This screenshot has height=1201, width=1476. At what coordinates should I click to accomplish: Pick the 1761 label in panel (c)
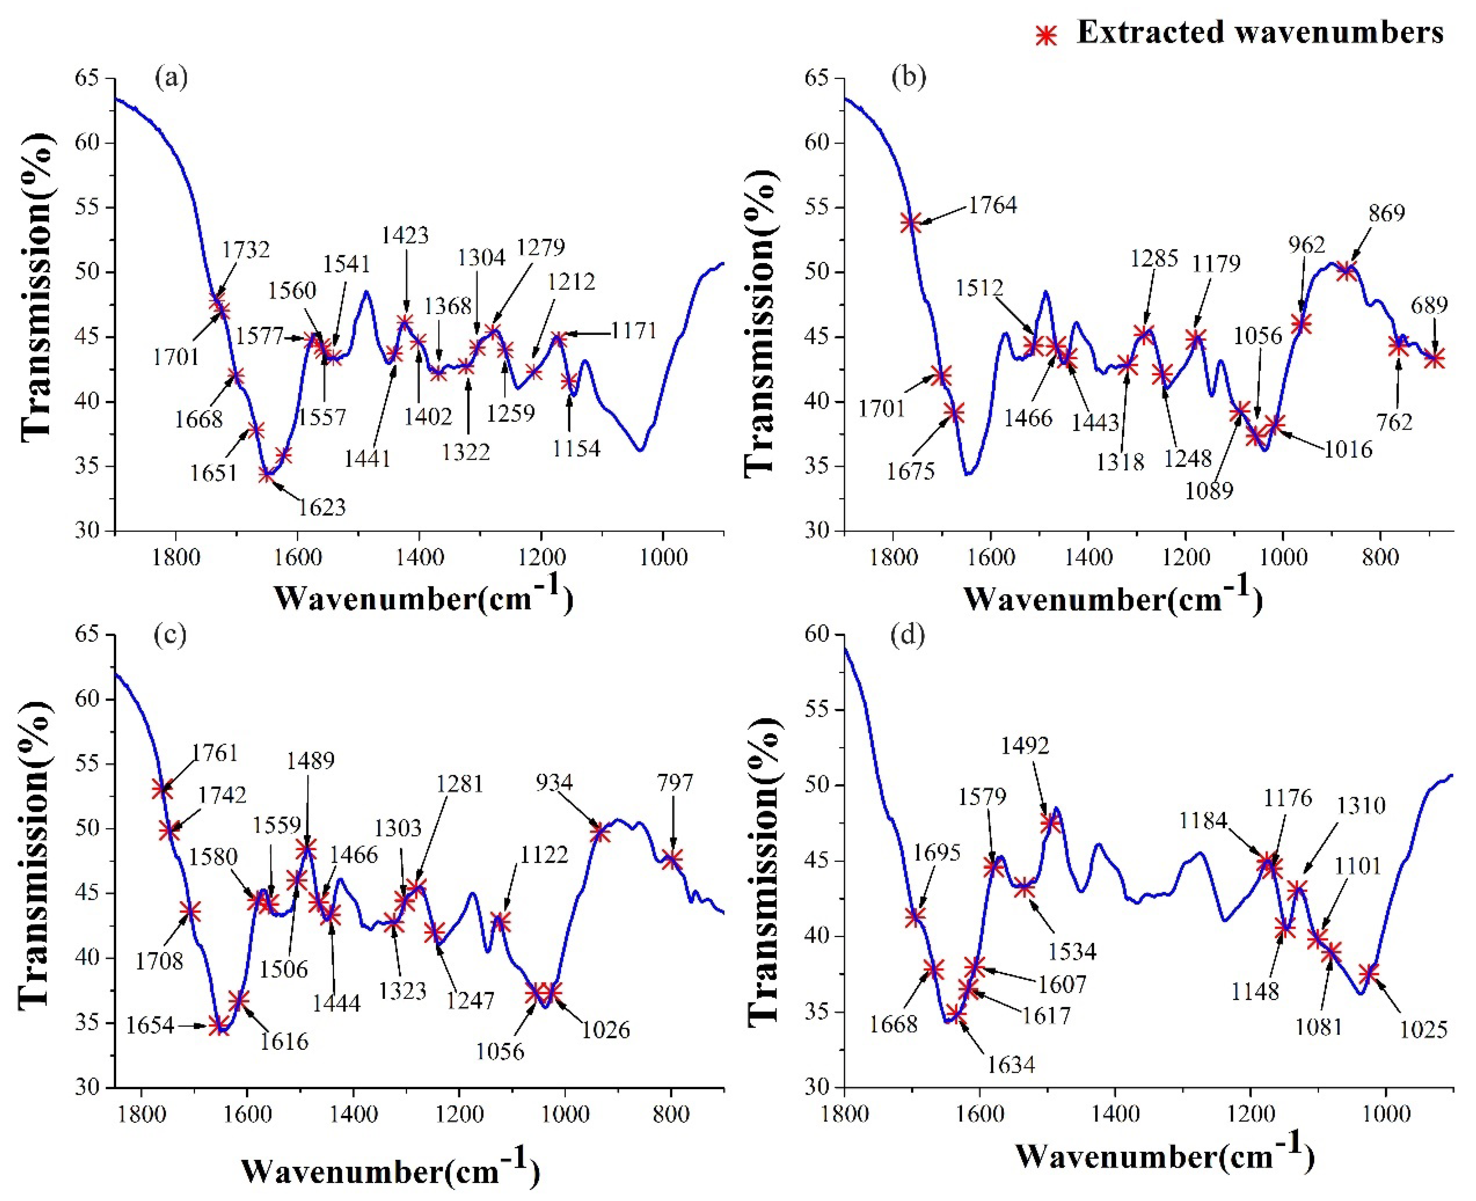216,753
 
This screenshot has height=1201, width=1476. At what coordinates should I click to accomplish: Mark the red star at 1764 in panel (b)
911,222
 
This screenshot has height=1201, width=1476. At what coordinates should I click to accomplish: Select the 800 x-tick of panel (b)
1380,557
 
